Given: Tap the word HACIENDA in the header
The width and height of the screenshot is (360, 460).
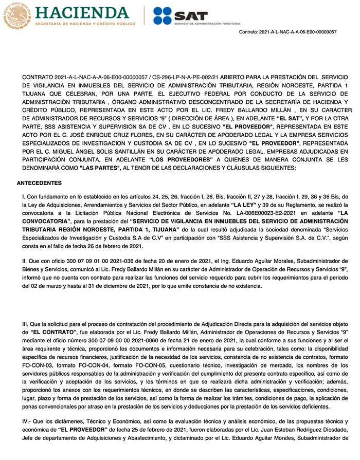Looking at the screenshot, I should point(85,11).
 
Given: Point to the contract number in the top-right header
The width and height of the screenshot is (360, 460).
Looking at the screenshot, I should point(288,32).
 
